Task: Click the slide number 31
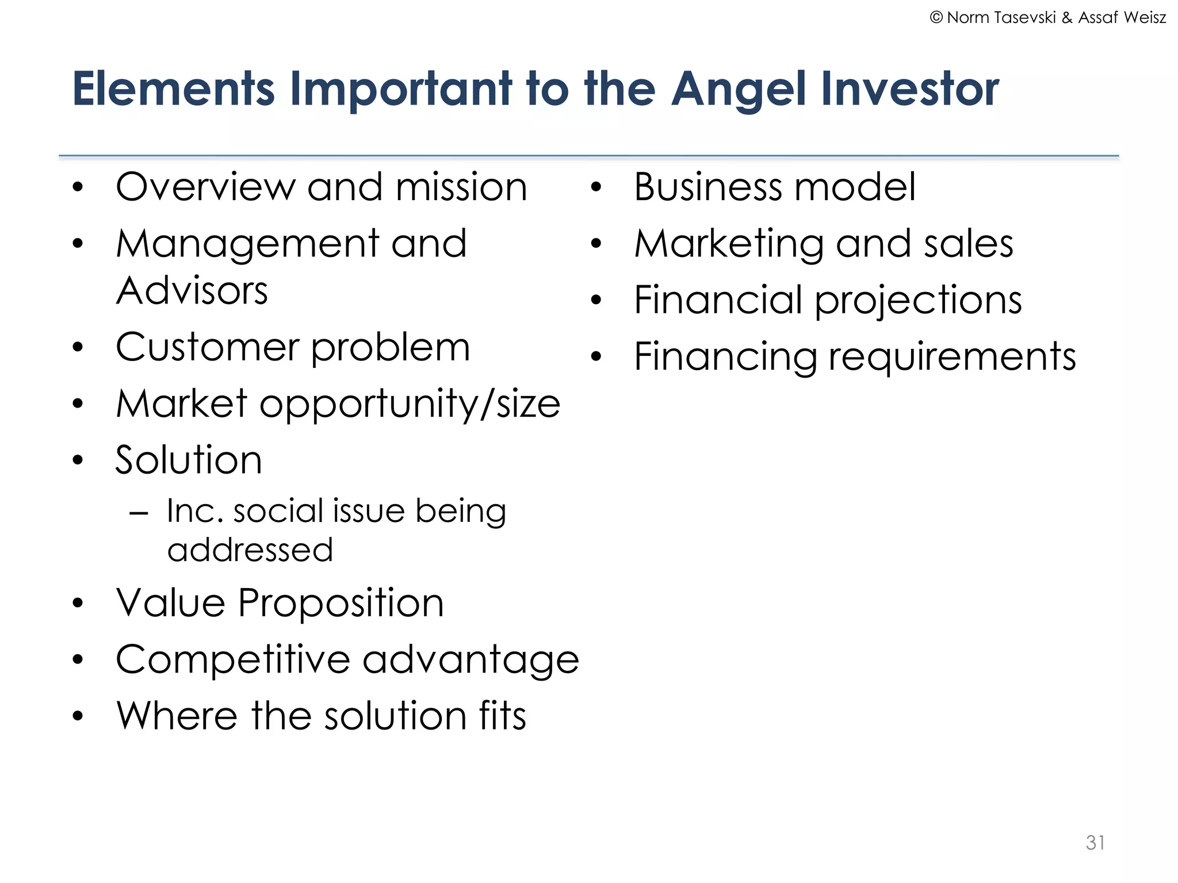tap(1095, 842)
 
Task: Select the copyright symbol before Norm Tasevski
tap(936, 18)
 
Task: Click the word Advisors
tap(192, 290)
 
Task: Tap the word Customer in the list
tap(207, 347)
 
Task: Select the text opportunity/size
tap(410, 405)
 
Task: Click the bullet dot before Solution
tap(78, 460)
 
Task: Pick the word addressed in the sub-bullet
tap(250, 550)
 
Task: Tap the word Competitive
tap(232, 659)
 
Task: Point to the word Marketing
tap(729, 244)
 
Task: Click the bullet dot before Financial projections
tap(596, 300)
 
